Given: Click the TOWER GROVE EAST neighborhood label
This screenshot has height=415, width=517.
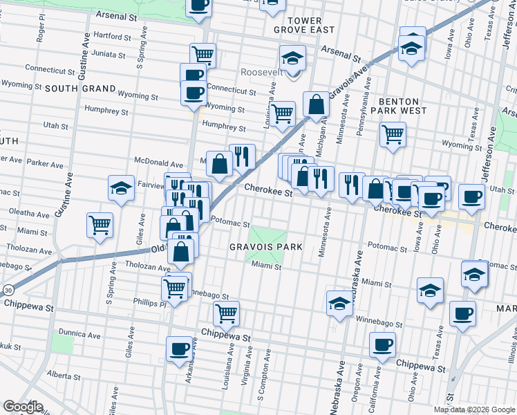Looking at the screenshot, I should (303, 25).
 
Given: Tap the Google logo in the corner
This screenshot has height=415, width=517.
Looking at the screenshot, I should (22, 406).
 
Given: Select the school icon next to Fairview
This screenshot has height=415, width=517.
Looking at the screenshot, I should (120, 187).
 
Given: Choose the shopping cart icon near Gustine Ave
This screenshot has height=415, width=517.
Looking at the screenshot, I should (100, 224).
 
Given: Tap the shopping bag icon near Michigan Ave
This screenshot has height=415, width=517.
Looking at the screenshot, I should (316, 104).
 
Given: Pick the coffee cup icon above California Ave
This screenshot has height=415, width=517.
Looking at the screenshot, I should (382, 344).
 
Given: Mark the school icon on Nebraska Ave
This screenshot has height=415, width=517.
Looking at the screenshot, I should (339, 302).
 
